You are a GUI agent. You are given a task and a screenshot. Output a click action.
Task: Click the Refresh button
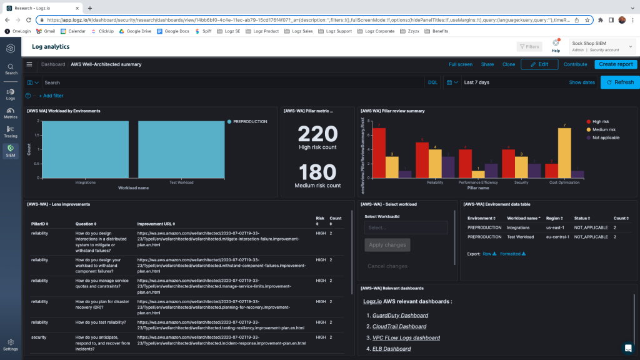[620, 82]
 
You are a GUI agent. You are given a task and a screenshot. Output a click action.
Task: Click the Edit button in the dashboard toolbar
[539, 64]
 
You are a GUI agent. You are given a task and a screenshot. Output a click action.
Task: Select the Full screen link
[461, 64]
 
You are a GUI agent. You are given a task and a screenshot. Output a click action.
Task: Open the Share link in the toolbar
[487, 64]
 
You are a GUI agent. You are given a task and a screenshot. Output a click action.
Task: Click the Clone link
[509, 64]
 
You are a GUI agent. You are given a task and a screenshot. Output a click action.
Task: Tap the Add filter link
[51, 96]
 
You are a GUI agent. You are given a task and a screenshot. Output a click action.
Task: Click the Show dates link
[582, 82]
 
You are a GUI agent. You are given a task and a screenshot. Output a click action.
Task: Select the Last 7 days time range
[476, 82]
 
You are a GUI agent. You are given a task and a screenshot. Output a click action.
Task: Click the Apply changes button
[387, 245]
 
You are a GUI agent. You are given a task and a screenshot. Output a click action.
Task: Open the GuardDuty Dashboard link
[400, 316]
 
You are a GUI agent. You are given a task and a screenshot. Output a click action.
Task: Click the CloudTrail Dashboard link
[399, 326]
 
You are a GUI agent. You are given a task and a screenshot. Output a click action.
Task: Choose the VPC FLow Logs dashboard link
[406, 337]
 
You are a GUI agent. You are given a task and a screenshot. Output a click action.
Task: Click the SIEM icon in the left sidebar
[11, 151]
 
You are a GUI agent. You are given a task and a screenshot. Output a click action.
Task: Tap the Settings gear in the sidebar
[11, 344]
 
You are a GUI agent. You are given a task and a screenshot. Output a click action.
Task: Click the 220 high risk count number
[317, 134]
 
